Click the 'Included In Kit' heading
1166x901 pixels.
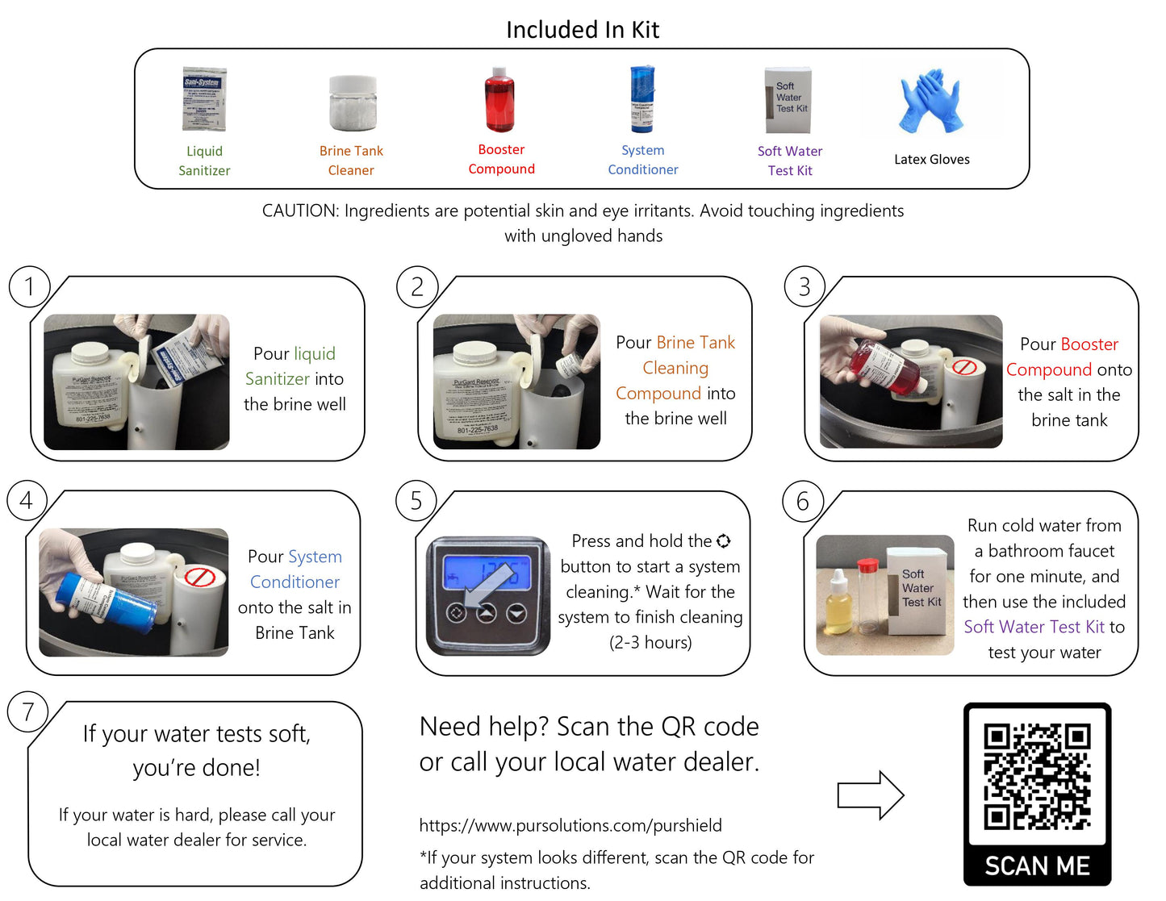point(583,30)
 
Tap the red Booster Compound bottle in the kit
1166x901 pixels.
point(500,101)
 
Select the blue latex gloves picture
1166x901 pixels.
point(931,101)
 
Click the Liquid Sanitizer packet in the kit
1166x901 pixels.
point(204,99)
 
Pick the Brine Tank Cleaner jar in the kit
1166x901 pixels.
point(353,103)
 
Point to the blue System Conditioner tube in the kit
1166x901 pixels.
point(642,100)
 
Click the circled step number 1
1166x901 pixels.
point(30,286)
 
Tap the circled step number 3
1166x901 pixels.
point(804,286)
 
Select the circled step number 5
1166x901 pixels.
point(416,501)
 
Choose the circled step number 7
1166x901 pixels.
point(28,711)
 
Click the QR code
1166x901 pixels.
point(1037,777)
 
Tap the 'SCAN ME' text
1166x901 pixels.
point(1037,866)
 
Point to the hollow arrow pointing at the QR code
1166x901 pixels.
point(870,795)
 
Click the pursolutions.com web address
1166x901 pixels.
point(570,825)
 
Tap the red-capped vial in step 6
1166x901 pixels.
point(867,597)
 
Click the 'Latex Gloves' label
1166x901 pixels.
point(931,160)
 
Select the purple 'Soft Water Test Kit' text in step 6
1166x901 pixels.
point(1034,627)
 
